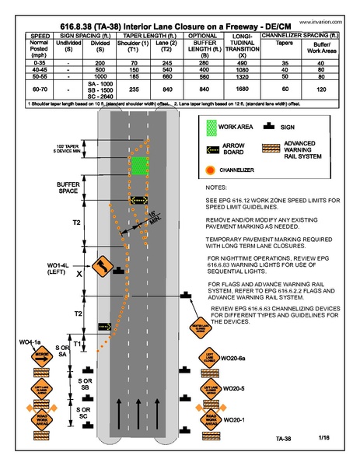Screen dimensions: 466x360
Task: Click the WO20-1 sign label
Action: click(x=234, y=419)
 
